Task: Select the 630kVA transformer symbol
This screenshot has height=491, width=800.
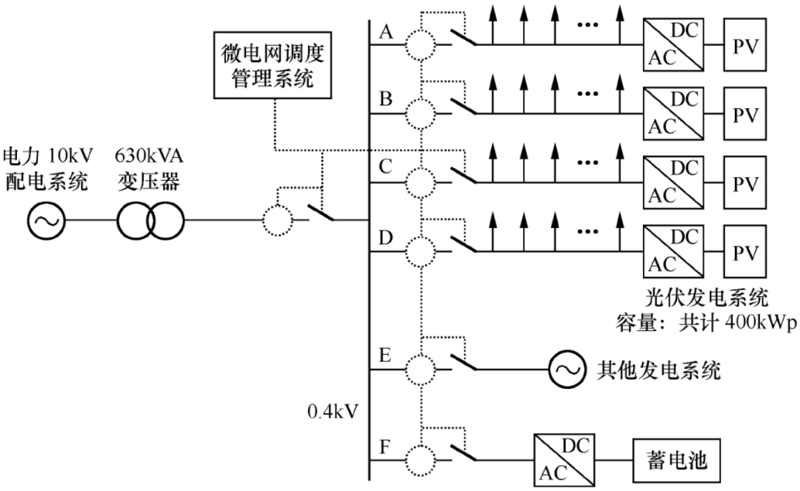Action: point(150,221)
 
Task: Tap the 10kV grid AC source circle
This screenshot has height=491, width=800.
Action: point(47,221)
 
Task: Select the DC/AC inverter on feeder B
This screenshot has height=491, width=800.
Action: point(673,114)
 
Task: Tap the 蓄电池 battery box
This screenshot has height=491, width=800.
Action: point(676,461)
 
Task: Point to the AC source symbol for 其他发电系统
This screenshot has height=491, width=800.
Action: point(567,369)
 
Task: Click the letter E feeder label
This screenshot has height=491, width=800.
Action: point(385,355)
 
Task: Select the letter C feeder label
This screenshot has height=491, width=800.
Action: point(386,167)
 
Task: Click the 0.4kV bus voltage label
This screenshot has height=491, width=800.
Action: point(333,412)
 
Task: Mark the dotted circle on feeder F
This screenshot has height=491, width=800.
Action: point(421,460)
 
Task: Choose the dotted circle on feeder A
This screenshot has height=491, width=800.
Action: point(421,45)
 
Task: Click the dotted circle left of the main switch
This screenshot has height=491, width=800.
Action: point(278,221)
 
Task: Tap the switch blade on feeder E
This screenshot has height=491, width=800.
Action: point(464,361)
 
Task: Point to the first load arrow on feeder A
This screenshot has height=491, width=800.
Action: point(493,24)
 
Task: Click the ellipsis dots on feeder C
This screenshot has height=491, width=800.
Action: point(587,163)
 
